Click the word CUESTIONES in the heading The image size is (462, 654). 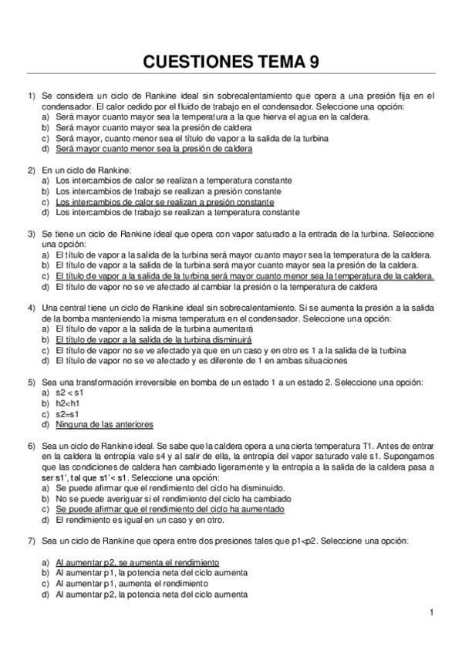point(199,62)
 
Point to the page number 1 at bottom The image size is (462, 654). point(433,613)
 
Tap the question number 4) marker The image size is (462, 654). point(32,308)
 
